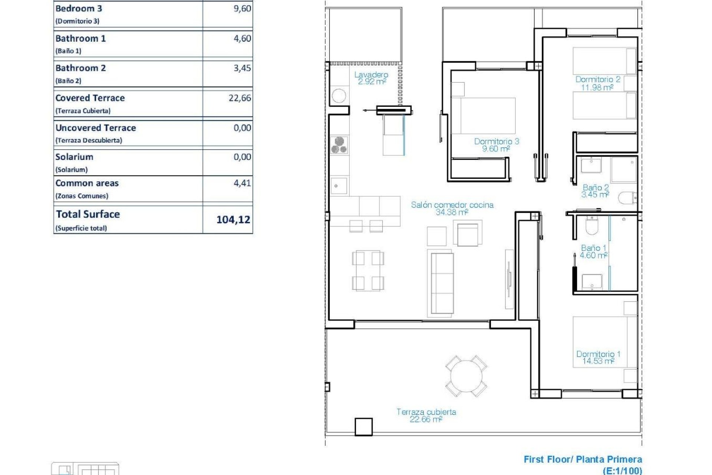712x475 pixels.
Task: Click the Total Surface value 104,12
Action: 233,220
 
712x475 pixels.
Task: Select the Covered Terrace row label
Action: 90,98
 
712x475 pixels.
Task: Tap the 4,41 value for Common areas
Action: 242,183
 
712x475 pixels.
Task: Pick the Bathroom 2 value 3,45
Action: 242,68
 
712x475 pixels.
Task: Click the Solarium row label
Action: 74,157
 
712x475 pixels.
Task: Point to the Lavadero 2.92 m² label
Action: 371,78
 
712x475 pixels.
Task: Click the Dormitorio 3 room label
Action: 496,145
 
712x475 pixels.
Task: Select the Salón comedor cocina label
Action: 452,208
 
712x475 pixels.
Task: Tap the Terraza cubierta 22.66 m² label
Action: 426,415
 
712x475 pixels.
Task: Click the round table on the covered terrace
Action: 466,376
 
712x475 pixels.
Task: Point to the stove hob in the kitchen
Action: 339,145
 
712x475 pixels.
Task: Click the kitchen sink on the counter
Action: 339,186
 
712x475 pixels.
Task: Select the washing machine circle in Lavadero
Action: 339,96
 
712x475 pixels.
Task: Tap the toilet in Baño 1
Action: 592,226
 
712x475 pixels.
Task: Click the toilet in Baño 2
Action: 627,198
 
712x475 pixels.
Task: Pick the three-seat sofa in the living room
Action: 442,283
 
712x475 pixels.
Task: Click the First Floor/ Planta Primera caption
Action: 583,459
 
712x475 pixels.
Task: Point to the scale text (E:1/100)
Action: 622,471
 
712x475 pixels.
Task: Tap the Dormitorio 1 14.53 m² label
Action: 598,357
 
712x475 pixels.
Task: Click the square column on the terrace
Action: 363,427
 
